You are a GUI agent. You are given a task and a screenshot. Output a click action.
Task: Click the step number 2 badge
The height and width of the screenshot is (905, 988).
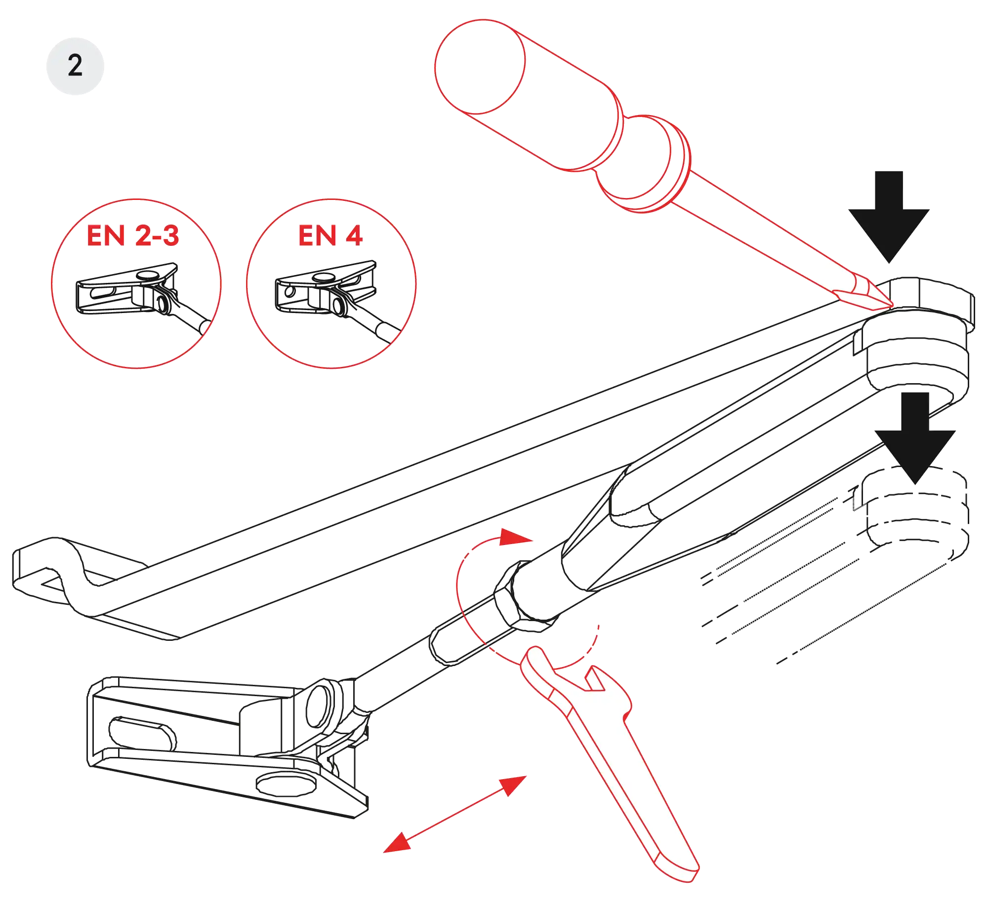click(x=75, y=65)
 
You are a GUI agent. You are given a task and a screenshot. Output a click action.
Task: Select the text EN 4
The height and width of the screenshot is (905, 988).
click(x=330, y=235)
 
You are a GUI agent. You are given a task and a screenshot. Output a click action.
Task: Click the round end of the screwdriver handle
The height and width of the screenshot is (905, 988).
click(x=479, y=67)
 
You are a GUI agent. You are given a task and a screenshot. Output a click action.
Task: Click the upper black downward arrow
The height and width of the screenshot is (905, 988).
click(x=889, y=217)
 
